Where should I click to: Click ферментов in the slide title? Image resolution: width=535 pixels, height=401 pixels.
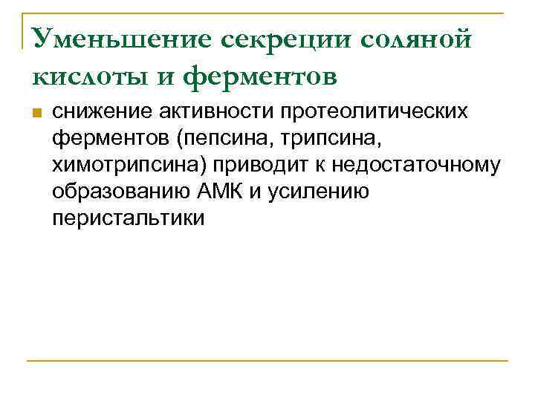coord(261,74)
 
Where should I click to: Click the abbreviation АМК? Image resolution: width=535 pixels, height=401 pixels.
coord(221,192)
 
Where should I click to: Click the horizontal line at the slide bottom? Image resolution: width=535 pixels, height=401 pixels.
coord(267,361)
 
